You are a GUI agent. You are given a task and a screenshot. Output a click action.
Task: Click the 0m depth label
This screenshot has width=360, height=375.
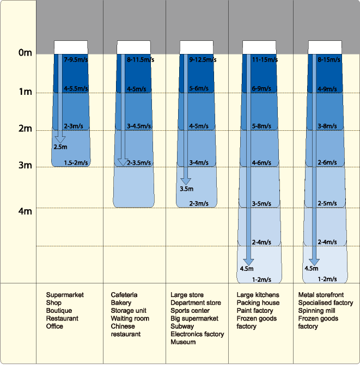[25, 53]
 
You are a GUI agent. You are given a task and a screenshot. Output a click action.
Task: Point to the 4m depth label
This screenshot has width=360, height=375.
[25, 211]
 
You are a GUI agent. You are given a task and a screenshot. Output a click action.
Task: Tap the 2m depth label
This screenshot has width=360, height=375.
[25, 129]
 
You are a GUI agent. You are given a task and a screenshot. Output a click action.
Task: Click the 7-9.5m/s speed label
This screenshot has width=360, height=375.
[76, 59]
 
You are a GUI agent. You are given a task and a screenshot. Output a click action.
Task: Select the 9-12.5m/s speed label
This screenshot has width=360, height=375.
[203, 59]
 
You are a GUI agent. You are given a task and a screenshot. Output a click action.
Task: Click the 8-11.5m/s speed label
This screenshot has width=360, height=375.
[140, 59]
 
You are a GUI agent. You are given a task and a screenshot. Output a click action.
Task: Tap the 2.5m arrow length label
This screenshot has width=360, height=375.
[60, 147]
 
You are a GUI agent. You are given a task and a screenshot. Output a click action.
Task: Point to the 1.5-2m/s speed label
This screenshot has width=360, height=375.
[76, 163]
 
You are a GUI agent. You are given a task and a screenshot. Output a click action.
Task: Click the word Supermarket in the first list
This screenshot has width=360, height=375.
[65, 295]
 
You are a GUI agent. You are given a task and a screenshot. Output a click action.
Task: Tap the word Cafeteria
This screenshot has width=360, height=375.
[124, 295]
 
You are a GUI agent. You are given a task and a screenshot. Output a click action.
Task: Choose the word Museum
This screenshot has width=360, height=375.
[183, 342]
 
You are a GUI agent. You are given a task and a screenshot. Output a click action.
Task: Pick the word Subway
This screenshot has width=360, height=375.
[182, 326]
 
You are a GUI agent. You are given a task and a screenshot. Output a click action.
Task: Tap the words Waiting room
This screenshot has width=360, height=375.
[130, 318]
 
